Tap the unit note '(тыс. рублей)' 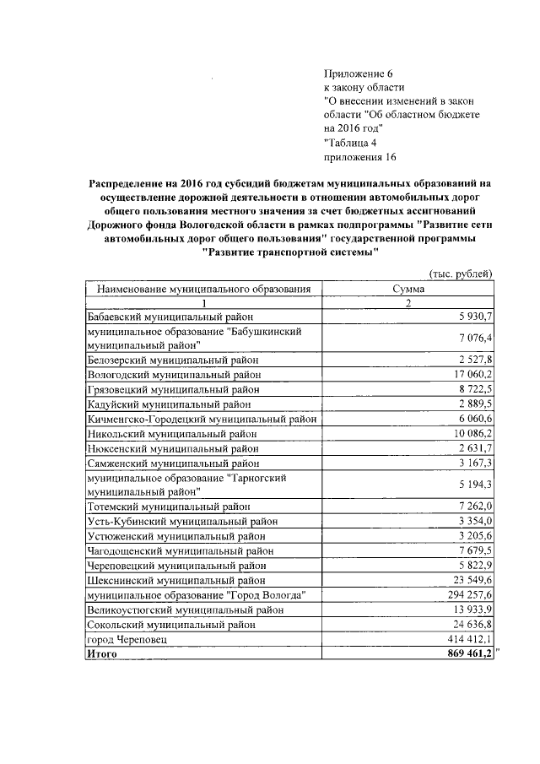(x=461, y=274)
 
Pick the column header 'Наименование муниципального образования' (x=203, y=289)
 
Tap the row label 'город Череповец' (x=127, y=639)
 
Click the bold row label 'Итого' (x=102, y=653)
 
